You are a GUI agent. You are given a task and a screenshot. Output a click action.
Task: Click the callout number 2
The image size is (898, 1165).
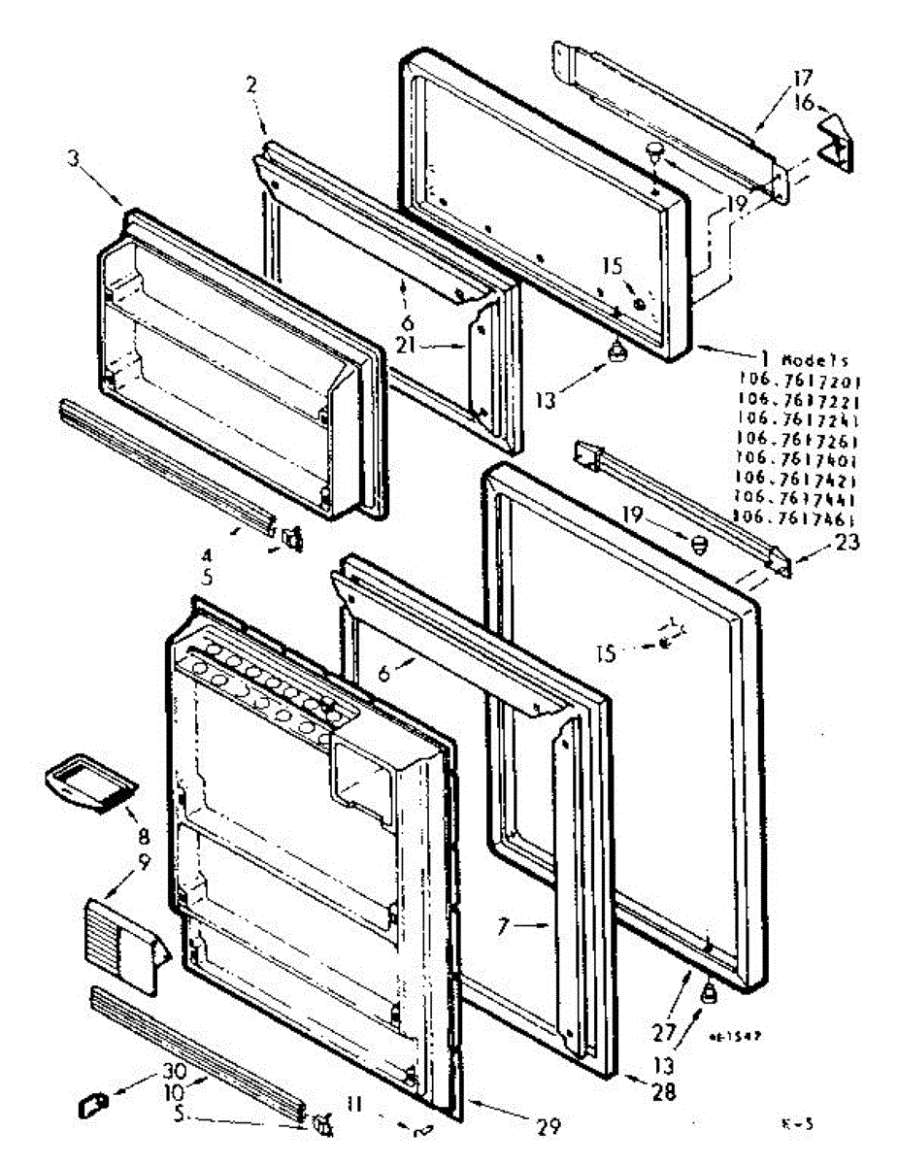coord(250,85)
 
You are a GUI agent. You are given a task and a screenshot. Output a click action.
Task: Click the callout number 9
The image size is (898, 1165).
coord(144,860)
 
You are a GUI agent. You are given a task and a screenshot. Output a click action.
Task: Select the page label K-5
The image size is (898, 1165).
coord(796,1125)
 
